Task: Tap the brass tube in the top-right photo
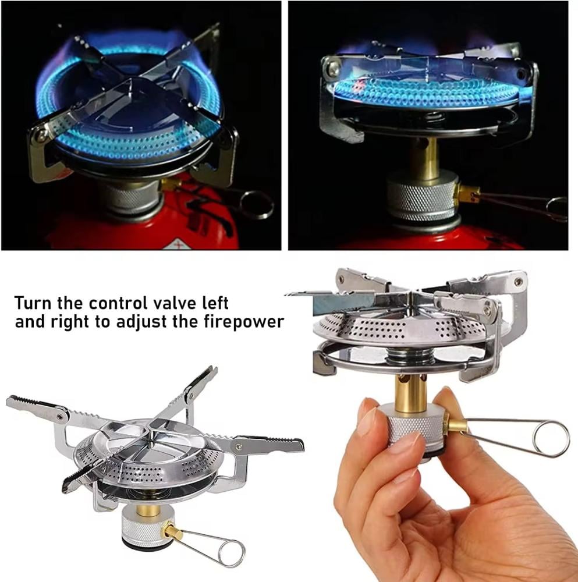click(x=424, y=156)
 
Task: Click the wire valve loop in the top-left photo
click(x=256, y=205)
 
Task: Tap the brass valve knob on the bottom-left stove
click(x=173, y=531)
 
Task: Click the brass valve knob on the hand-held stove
click(x=458, y=425)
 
